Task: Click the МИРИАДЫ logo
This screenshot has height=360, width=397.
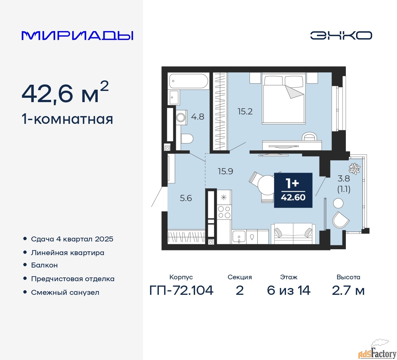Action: (77, 36)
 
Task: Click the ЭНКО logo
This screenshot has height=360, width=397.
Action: (341, 35)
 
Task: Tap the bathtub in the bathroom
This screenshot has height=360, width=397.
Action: (188, 81)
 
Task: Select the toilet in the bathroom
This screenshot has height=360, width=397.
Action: (187, 139)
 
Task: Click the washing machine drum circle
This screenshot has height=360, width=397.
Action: (180, 118)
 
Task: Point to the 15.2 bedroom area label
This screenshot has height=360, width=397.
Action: (245, 111)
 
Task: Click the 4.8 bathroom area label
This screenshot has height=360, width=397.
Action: (198, 117)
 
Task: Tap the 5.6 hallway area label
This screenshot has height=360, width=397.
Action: (186, 198)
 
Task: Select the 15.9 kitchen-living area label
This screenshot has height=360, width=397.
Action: (225, 171)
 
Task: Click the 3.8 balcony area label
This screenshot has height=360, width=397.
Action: (344, 178)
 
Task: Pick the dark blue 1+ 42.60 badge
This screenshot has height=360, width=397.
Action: (293, 190)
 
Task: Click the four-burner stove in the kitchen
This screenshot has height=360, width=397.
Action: (224, 212)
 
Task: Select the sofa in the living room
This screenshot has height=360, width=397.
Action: (293, 234)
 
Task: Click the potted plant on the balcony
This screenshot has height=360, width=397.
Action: (354, 169)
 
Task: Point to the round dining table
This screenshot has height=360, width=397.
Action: (266, 185)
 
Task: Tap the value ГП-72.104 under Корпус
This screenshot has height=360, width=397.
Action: (181, 290)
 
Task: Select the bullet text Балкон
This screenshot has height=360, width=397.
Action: (44, 265)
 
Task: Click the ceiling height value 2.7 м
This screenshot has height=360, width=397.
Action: (348, 290)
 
